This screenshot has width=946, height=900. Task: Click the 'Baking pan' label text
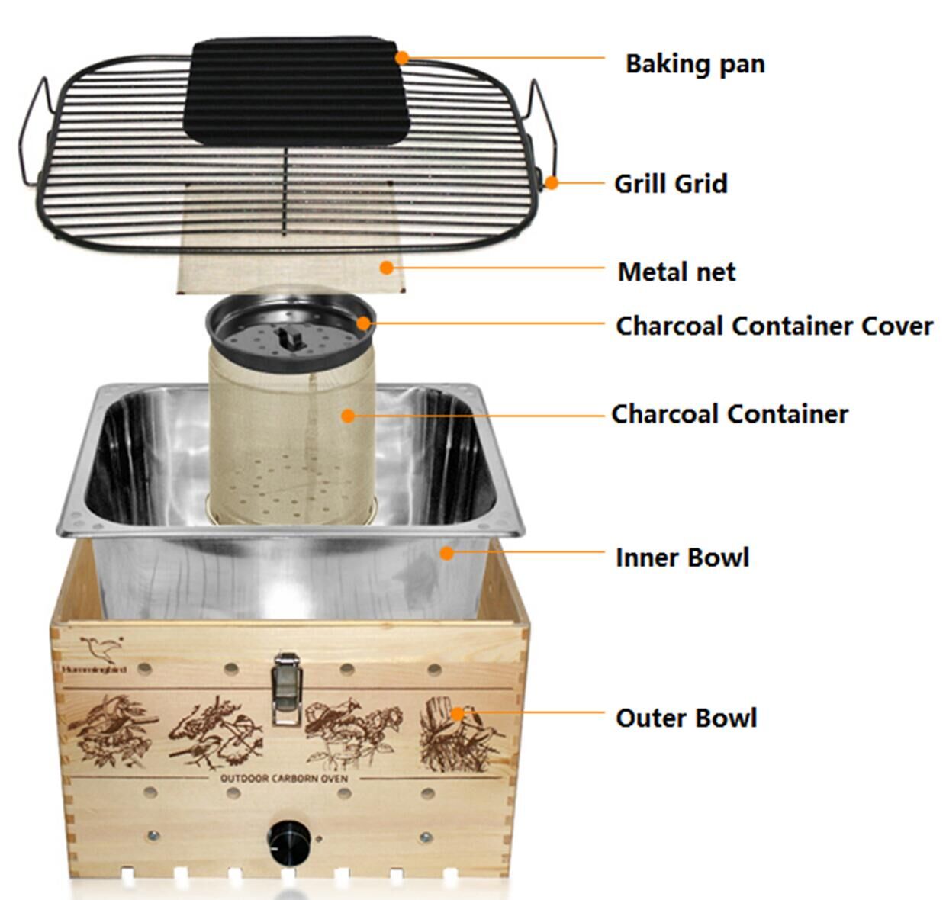click(695, 65)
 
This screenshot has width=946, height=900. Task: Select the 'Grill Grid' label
click(671, 184)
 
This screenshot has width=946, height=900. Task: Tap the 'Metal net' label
click(677, 272)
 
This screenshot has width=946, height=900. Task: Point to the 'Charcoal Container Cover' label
click(774, 326)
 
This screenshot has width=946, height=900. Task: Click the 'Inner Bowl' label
click(682, 558)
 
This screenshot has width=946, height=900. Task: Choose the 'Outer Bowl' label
click(686, 718)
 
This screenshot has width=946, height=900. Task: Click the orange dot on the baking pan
click(402, 58)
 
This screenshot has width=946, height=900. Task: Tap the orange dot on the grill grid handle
click(552, 183)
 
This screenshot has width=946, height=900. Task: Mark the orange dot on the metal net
click(386, 268)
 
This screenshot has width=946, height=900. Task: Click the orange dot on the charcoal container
click(348, 416)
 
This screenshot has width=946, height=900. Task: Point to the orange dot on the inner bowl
click(447, 553)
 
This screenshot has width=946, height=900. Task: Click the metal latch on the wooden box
click(287, 689)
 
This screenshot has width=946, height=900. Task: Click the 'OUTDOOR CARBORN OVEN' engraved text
click(284, 778)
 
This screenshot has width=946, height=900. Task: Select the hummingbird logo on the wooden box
click(102, 648)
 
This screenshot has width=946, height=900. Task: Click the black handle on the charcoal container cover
click(290, 338)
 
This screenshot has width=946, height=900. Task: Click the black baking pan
click(295, 92)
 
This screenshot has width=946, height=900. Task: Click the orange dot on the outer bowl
click(457, 713)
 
